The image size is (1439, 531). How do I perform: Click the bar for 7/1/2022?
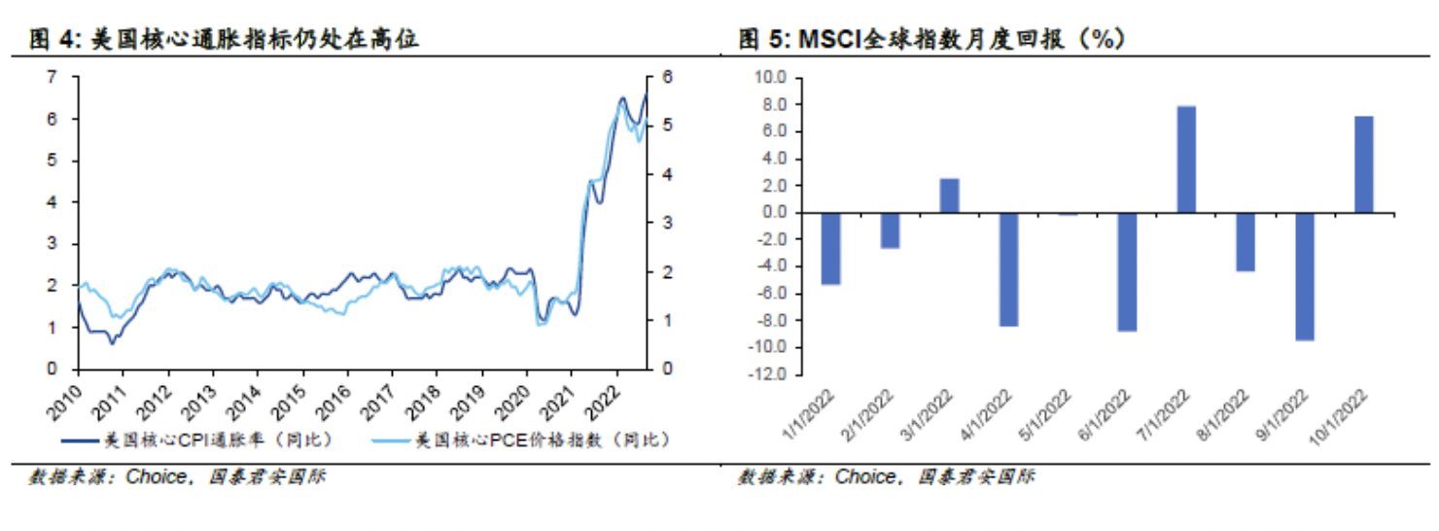[1186, 159]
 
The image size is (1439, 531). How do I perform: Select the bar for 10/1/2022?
[1364, 164]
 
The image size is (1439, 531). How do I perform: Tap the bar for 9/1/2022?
[1305, 276]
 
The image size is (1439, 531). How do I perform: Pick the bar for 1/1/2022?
[830, 248]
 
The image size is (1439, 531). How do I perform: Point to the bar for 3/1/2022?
[949, 195]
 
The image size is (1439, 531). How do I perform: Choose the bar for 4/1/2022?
[1008, 269]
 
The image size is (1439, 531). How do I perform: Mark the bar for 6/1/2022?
[1127, 272]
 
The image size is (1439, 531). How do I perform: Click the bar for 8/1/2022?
[1246, 241]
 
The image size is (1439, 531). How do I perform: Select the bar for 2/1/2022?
[890, 230]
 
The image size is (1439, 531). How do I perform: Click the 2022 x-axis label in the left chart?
[607, 397]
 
